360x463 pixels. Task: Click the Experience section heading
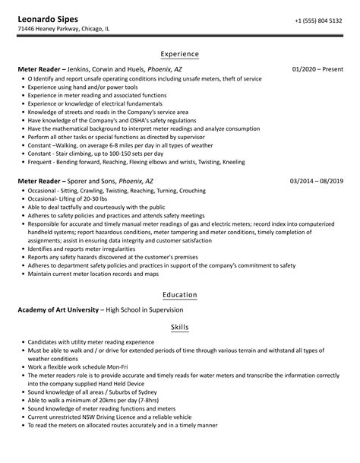(x=179, y=54)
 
